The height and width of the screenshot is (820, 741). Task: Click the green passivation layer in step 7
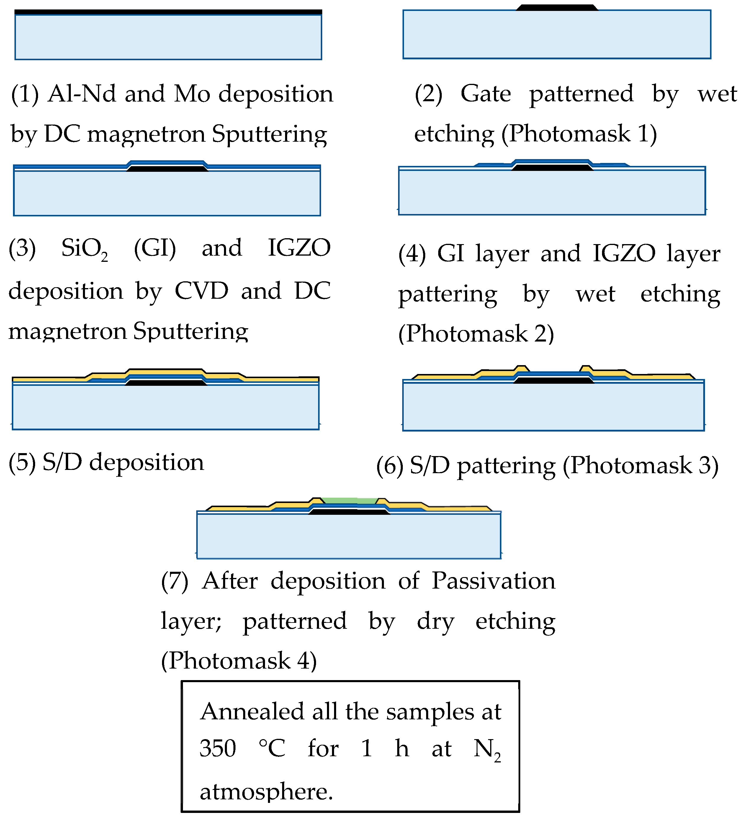(349, 500)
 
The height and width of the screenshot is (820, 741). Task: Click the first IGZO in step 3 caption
(299, 247)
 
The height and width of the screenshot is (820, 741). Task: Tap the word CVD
(201, 290)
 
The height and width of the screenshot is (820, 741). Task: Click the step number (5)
(22, 463)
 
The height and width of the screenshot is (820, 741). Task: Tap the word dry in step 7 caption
(435, 621)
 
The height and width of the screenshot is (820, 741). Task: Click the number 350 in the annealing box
(217, 748)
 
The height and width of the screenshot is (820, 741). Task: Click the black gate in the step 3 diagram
(167, 168)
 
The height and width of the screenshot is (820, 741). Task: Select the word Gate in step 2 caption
(486, 94)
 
